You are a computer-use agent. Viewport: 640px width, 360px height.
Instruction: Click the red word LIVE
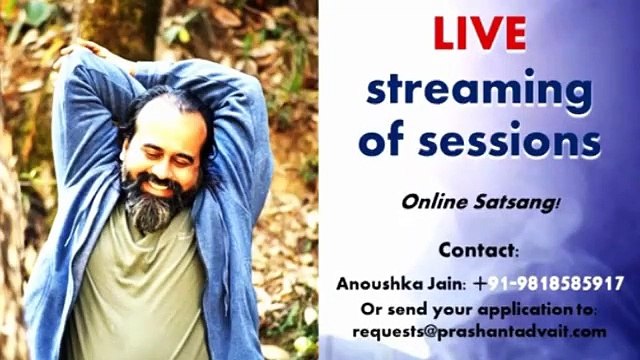pyautogui.click(x=479, y=33)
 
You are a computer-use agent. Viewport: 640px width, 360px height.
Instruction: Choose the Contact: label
pyautogui.click(x=479, y=249)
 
